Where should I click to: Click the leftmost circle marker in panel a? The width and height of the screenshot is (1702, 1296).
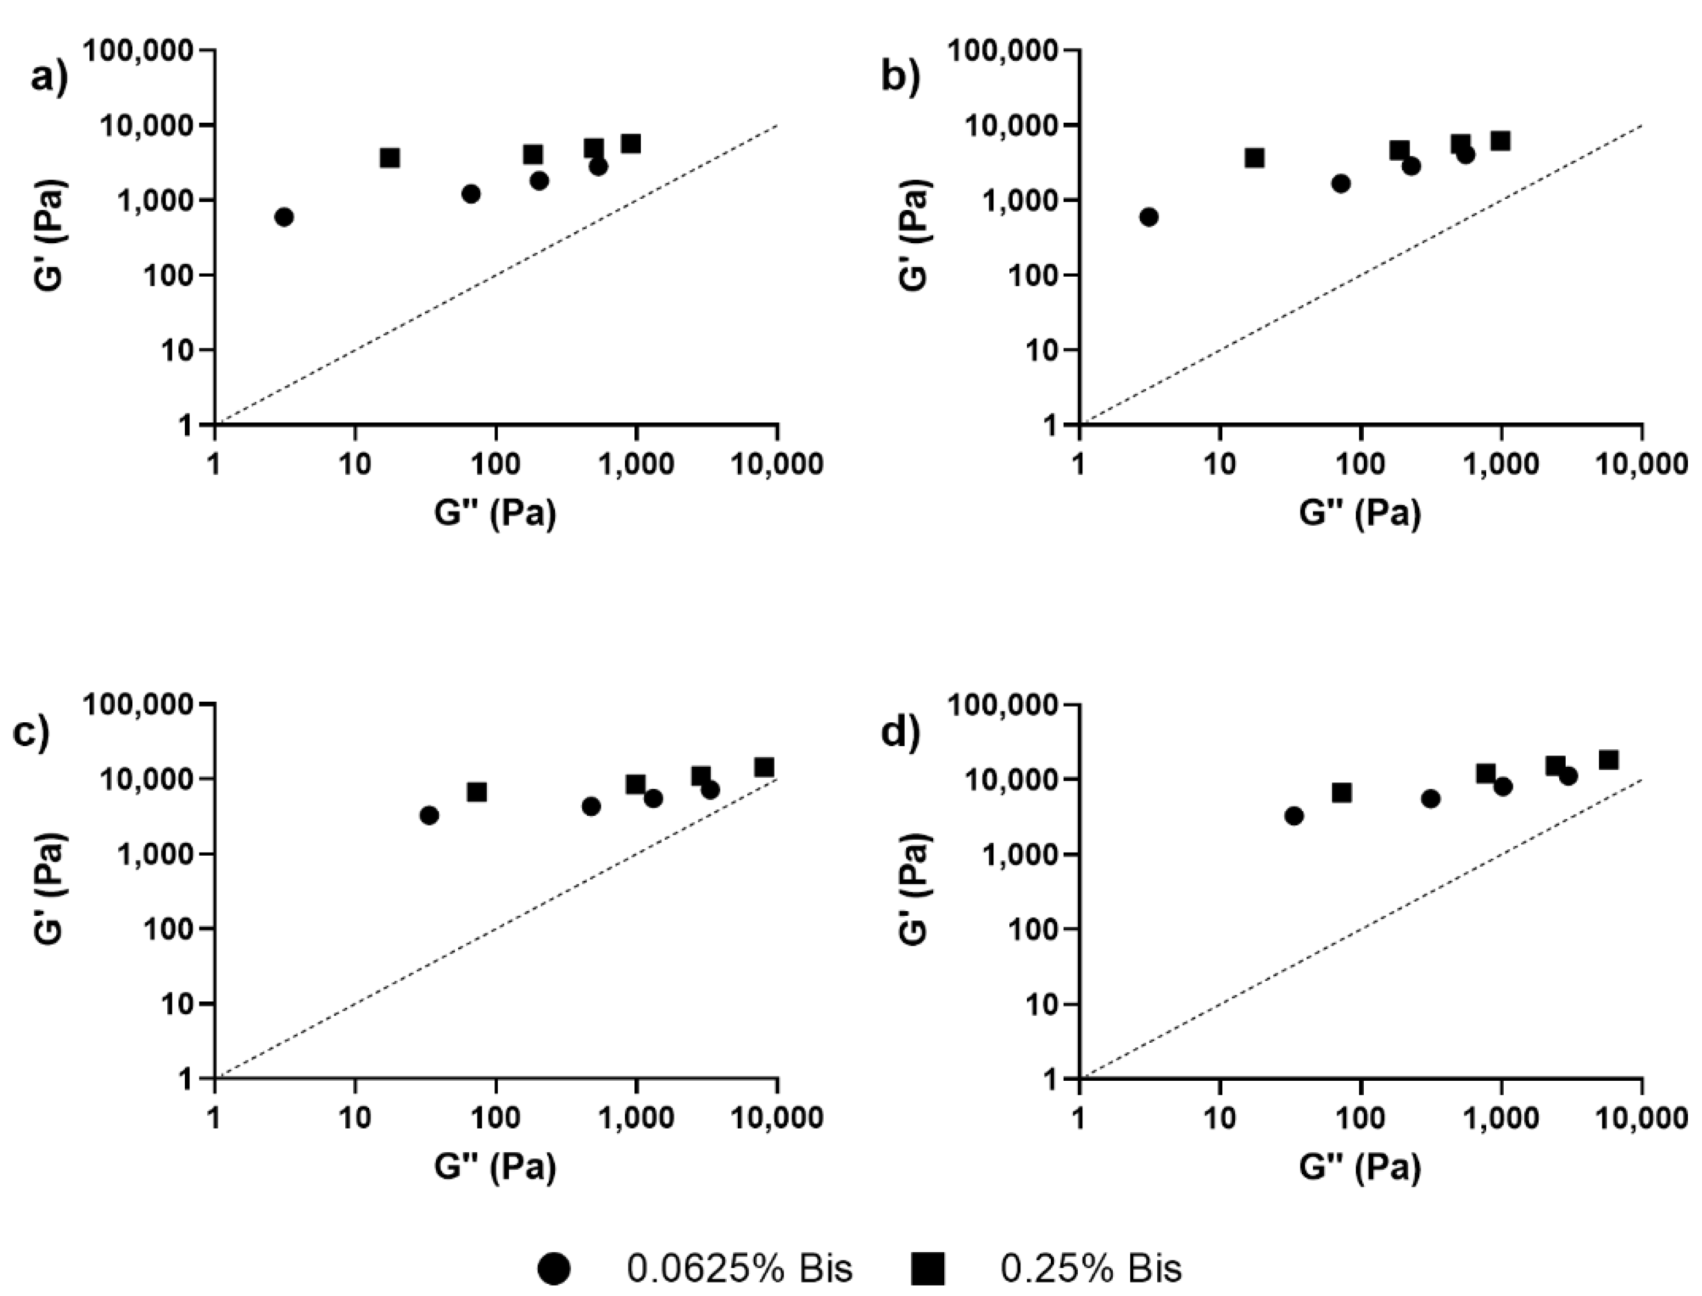click(x=284, y=217)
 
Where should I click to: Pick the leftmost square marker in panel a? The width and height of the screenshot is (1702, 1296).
click(x=390, y=158)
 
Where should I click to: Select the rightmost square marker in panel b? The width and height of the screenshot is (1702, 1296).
click(x=1500, y=141)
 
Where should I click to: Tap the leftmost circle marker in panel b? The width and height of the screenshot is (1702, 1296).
click(x=1149, y=217)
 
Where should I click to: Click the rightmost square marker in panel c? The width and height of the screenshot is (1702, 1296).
click(x=764, y=767)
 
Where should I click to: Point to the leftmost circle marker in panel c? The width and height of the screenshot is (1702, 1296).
click(x=430, y=815)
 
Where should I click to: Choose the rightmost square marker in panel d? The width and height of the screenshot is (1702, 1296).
click(x=1608, y=760)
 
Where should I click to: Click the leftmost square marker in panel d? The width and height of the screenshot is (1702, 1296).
click(x=1342, y=792)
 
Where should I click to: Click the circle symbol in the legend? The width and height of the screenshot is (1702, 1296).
click(x=554, y=1269)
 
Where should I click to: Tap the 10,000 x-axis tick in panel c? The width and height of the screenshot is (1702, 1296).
click(x=776, y=1116)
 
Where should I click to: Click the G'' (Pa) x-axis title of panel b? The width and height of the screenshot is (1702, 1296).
click(x=1360, y=513)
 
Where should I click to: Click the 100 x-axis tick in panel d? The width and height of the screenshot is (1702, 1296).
click(x=1360, y=1116)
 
